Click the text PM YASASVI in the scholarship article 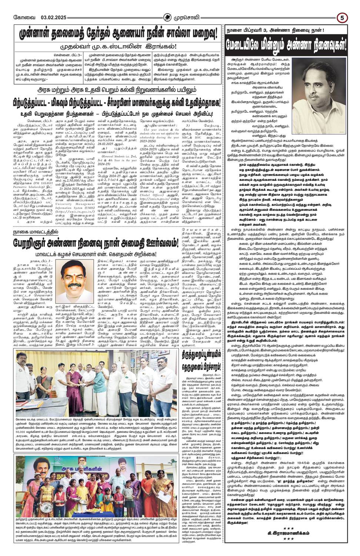(x=43, y=181)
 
